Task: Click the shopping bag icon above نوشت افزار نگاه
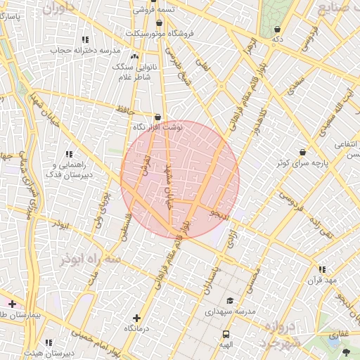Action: point(157,117)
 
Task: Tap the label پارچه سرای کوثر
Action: point(302,162)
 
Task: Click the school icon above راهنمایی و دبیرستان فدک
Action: point(69,153)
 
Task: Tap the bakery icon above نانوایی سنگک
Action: point(134,56)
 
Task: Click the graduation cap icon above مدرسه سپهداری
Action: point(230,300)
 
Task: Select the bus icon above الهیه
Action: point(226,335)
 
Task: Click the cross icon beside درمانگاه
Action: point(136,318)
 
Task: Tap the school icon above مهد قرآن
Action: point(322,269)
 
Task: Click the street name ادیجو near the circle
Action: point(219,213)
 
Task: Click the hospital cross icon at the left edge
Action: point(12,303)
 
